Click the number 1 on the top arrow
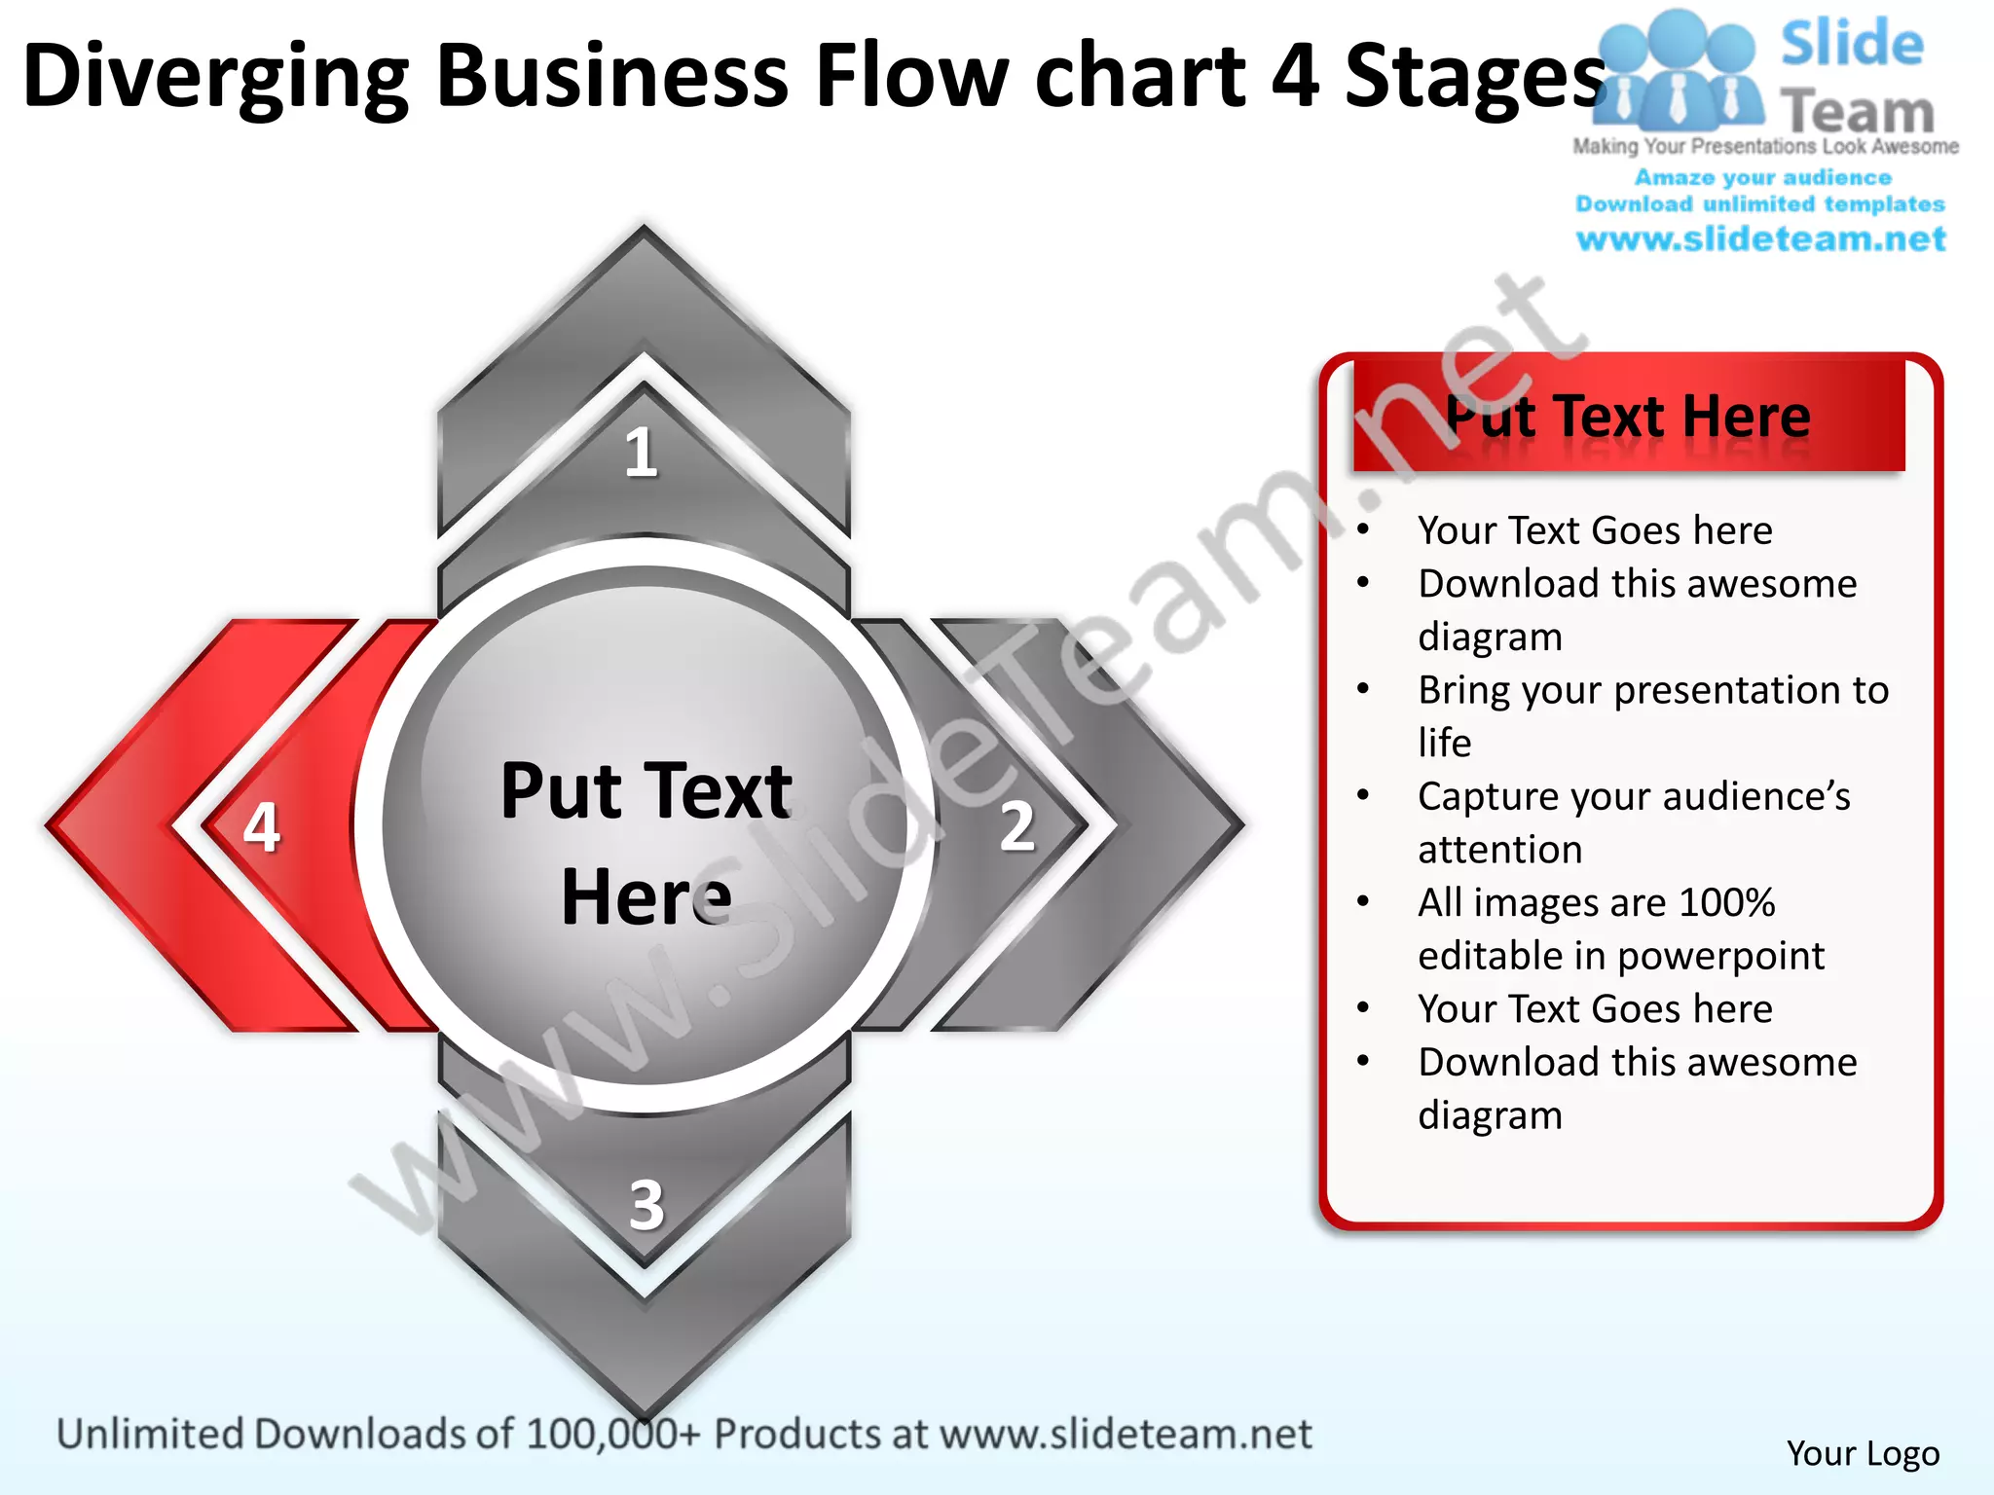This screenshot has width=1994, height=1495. click(641, 453)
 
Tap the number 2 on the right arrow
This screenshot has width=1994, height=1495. click(1017, 826)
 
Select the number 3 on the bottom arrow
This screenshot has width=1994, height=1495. click(646, 1205)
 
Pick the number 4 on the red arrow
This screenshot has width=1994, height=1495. click(261, 827)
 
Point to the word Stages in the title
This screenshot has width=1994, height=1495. click(1474, 78)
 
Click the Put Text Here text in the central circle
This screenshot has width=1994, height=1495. click(646, 843)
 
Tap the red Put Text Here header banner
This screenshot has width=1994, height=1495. click(1628, 417)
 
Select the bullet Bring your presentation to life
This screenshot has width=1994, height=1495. click(1652, 715)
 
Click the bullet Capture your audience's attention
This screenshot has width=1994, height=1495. click(1633, 822)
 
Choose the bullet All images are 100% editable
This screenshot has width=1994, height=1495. click(1620, 929)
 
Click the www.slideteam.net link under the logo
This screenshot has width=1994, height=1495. click(1760, 239)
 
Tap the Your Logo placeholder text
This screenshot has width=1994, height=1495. click(1863, 1453)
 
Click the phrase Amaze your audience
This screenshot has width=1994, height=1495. click(1762, 177)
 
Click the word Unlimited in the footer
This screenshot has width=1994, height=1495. click(150, 1435)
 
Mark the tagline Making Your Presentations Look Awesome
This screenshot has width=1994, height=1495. click(1765, 147)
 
